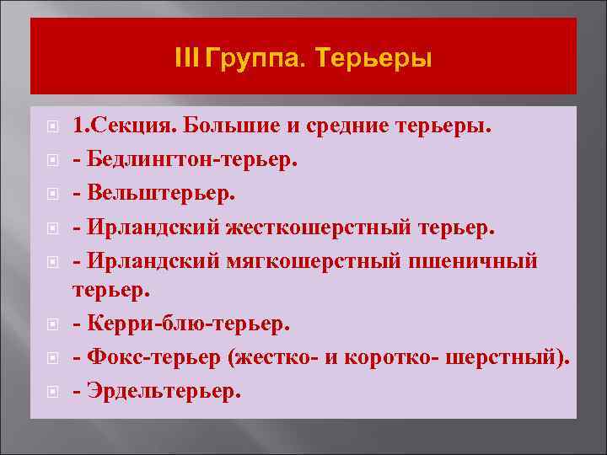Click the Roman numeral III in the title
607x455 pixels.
pyautogui.click(x=184, y=59)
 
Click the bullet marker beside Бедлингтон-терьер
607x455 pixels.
pyautogui.click(x=52, y=160)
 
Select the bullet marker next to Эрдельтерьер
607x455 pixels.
pyautogui.click(x=52, y=391)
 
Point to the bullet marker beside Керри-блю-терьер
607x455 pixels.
pyautogui.click(x=52, y=324)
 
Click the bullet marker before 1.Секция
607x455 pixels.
pyautogui.click(x=52, y=127)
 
